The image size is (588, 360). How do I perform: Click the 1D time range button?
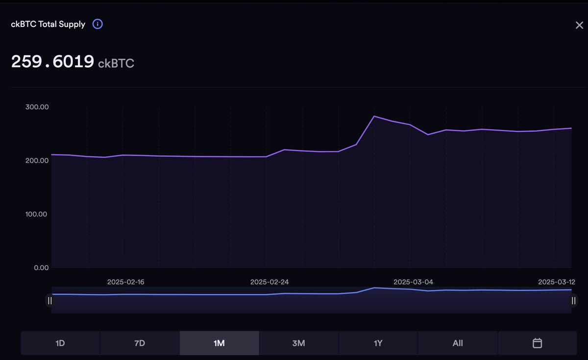click(x=60, y=343)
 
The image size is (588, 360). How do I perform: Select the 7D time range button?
click(x=140, y=343)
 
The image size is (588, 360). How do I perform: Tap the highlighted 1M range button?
click(x=219, y=343)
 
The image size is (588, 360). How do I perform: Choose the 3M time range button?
click(x=298, y=343)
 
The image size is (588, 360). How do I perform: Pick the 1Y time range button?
click(x=378, y=343)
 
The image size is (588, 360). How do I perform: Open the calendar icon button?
click(x=537, y=343)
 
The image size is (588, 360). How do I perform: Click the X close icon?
click(x=579, y=25)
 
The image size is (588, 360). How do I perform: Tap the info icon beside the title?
click(x=98, y=24)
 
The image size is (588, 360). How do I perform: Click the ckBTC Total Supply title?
click(x=48, y=24)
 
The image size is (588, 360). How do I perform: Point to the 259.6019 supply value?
click(x=52, y=62)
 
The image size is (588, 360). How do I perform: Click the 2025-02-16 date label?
click(x=126, y=282)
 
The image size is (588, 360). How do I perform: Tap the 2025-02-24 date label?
click(x=269, y=282)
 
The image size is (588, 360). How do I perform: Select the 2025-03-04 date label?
click(x=413, y=282)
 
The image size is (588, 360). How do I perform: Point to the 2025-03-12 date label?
click(x=557, y=282)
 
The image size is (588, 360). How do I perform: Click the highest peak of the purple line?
click(x=374, y=116)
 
